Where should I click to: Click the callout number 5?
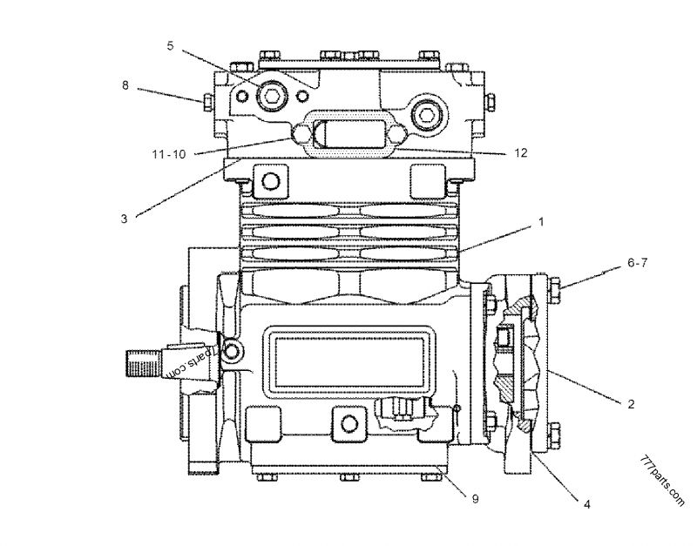(x=171, y=44)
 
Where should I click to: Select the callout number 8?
(x=125, y=85)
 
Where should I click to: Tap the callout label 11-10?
(x=168, y=154)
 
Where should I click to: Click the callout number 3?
(x=125, y=219)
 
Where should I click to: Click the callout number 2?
(x=631, y=403)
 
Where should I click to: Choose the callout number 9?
(x=475, y=498)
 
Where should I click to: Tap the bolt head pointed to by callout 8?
(x=207, y=103)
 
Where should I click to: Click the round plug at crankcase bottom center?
(x=349, y=423)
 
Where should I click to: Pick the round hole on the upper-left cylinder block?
(x=270, y=180)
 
